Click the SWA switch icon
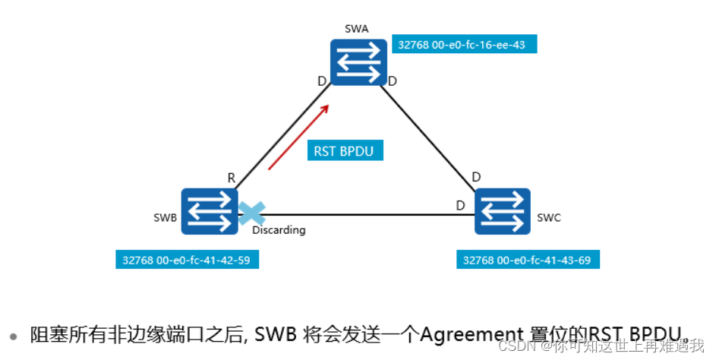tap(358, 63)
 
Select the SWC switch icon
tap(503, 212)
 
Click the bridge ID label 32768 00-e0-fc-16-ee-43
tap(462, 45)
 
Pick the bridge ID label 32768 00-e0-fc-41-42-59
tap(187, 260)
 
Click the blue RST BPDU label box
tap(345, 150)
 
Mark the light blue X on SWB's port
tap(249, 213)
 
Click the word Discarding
tap(279, 230)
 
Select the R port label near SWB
tap(231, 178)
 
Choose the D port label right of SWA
tap(392, 81)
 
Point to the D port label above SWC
tap(476, 178)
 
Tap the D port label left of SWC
tap(460, 205)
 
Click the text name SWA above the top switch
tap(357, 28)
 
